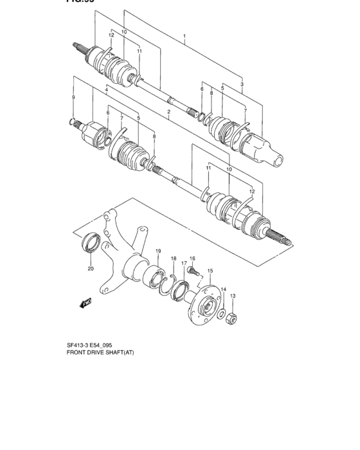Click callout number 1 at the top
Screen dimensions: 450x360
click(x=184, y=37)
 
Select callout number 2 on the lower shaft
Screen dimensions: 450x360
click(x=168, y=113)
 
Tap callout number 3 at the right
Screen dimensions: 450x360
click(x=242, y=84)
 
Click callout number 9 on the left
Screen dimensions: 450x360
click(x=73, y=97)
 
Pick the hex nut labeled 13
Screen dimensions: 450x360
click(x=234, y=319)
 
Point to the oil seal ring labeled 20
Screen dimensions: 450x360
click(x=90, y=245)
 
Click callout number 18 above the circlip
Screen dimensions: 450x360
click(x=173, y=258)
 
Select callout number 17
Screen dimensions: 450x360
click(x=183, y=263)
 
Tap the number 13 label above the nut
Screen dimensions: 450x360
click(x=233, y=296)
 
